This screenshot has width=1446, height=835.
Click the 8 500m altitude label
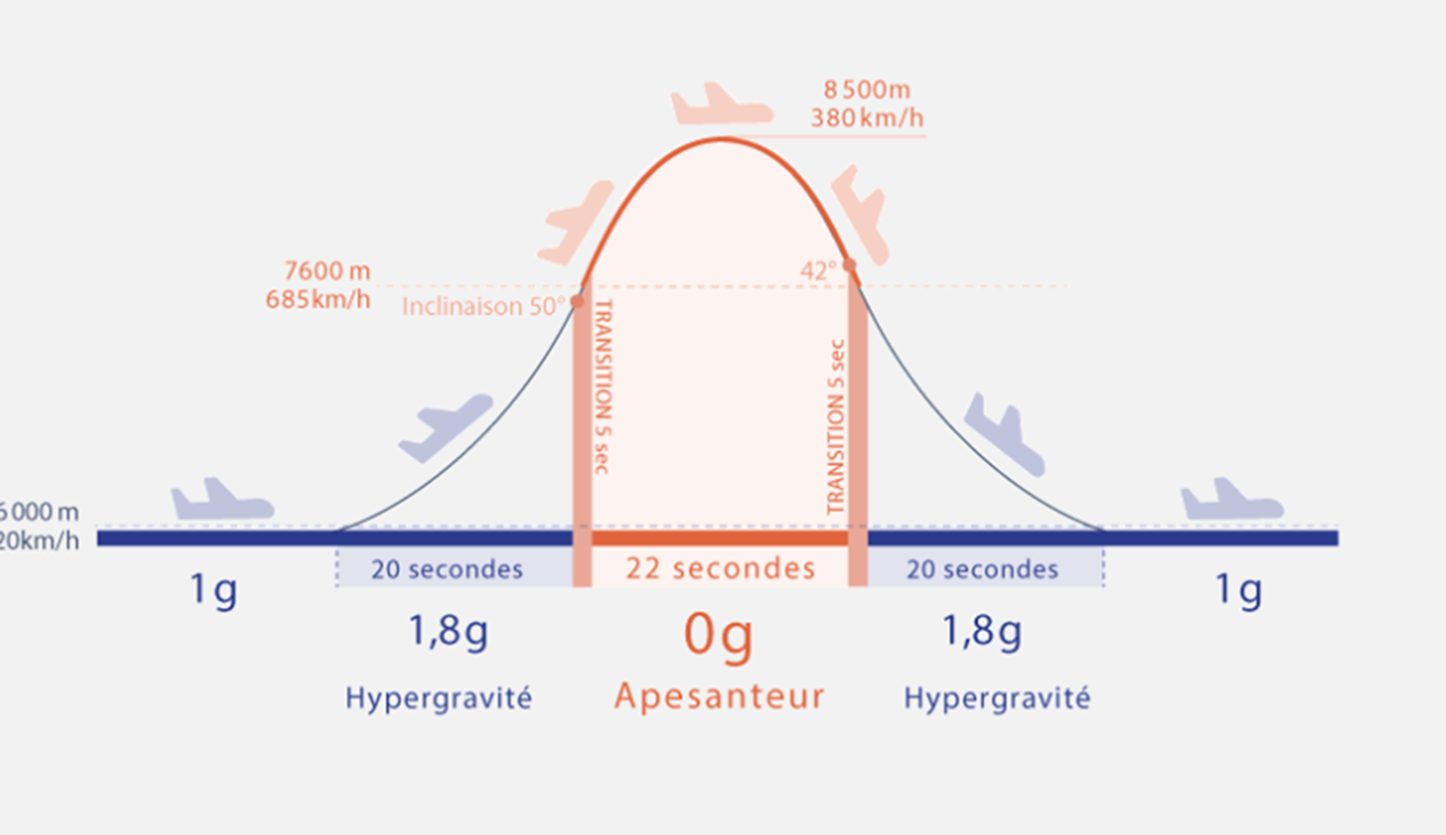(x=867, y=89)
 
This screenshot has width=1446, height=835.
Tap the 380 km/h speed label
(x=867, y=118)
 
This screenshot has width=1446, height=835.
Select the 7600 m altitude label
(x=327, y=271)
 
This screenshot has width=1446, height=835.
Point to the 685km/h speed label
(x=318, y=299)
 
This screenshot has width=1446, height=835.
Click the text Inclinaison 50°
(x=484, y=307)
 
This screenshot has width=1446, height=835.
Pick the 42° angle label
(x=818, y=271)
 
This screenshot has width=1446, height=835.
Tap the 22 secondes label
(x=721, y=568)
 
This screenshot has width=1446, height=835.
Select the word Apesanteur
(x=720, y=697)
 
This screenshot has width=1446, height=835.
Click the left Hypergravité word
(x=439, y=699)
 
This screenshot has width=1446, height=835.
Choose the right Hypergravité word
(x=997, y=699)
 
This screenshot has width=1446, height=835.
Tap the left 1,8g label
(x=448, y=631)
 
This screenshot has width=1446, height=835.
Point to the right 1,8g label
(x=982, y=631)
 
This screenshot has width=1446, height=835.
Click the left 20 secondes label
(x=447, y=569)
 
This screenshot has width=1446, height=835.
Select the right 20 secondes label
(x=982, y=569)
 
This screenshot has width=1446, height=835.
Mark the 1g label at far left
(x=213, y=590)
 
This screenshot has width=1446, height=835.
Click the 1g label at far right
(x=1238, y=590)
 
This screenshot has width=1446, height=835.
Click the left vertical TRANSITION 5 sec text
(x=603, y=386)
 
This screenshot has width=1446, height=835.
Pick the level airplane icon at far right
(x=1231, y=500)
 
